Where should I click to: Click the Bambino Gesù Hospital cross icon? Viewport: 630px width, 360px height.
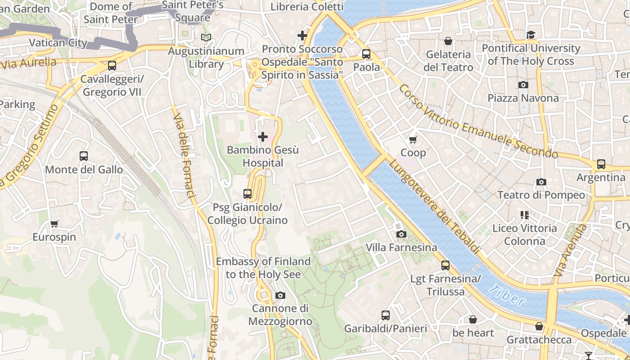pyautogui.click(x=263, y=136)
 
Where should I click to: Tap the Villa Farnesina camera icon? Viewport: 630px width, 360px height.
pyautogui.click(x=401, y=234)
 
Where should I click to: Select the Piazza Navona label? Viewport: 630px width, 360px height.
pyautogui.click(x=523, y=98)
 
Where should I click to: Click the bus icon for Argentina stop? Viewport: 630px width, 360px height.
pyautogui.click(x=601, y=164)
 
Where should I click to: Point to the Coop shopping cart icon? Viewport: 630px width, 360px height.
pyautogui.click(x=413, y=139)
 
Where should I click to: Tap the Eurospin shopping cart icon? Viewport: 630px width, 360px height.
pyautogui.click(x=54, y=224)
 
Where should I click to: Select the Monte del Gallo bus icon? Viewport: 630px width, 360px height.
pyautogui.click(x=84, y=156)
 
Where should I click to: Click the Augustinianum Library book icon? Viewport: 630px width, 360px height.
pyautogui.click(x=206, y=37)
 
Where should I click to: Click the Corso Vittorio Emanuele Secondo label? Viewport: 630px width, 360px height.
pyautogui.click(x=477, y=121)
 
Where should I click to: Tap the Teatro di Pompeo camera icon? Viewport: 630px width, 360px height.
pyautogui.click(x=541, y=182)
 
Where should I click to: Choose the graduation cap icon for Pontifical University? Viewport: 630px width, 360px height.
pyautogui.click(x=531, y=35)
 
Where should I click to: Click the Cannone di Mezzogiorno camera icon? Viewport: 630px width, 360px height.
pyautogui.click(x=280, y=295)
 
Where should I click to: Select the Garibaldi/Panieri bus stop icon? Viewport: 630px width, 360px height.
pyautogui.click(x=386, y=315)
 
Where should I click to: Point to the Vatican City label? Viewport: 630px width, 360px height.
pyautogui.click(x=58, y=43)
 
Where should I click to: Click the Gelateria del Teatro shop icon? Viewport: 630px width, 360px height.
pyautogui.click(x=448, y=41)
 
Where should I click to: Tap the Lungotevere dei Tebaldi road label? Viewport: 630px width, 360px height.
pyautogui.click(x=434, y=207)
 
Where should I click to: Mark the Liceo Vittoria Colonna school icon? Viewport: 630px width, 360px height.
pyautogui.click(x=524, y=215)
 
